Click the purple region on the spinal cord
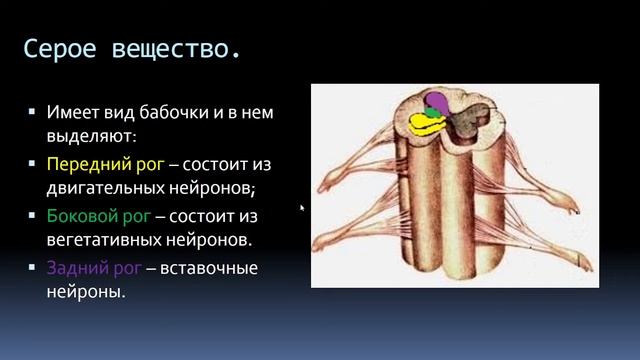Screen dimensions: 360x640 pyautogui.click(x=437, y=101)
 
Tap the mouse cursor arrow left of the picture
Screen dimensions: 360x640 pyautogui.click(x=303, y=208)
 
